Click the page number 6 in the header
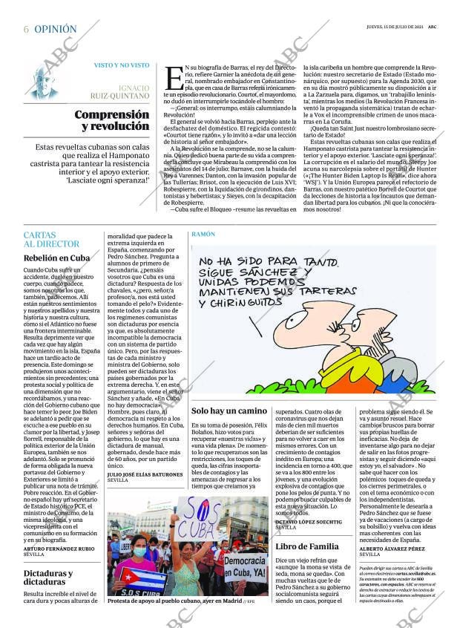tap(27, 29)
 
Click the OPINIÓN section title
tap(56, 29)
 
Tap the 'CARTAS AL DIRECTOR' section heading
tap(51, 239)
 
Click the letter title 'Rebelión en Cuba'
tap(56, 258)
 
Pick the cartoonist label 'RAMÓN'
tap(203, 234)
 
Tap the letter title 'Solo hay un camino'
tap(229, 410)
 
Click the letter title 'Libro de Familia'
tap(307, 546)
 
